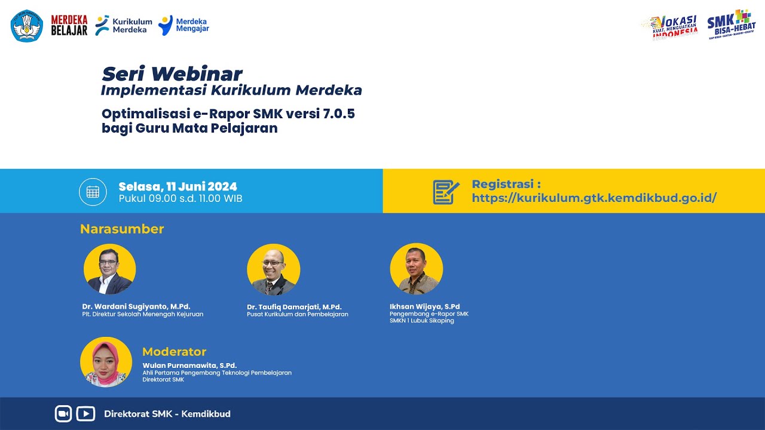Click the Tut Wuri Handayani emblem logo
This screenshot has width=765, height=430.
[27, 26]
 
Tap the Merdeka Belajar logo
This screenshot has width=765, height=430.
[69, 25]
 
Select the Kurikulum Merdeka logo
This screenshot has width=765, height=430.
[124, 25]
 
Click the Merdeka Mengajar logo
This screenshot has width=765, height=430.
[184, 25]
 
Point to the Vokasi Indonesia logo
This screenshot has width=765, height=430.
[670, 27]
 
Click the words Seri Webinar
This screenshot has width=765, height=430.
[172, 74]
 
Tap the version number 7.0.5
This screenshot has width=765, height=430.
[339, 113]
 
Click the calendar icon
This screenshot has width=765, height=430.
[93, 192]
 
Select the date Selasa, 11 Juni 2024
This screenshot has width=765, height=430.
[178, 186]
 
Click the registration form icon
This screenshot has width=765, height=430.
[446, 192]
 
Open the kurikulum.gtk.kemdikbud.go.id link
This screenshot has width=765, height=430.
[594, 198]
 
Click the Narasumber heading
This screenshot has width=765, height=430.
[122, 229]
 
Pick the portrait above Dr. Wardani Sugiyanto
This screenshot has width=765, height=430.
[110, 269]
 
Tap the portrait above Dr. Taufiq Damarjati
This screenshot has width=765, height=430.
[274, 269]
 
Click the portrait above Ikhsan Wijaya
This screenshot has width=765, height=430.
[417, 269]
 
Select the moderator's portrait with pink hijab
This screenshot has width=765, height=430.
[106, 362]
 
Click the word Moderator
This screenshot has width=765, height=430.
[174, 352]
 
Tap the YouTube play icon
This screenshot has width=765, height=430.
[86, 414]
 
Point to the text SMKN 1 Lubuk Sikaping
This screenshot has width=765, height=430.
[422, 321]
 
